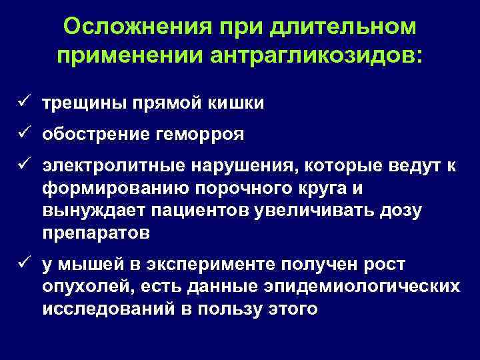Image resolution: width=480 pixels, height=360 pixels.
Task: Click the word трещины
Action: [81, 104]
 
